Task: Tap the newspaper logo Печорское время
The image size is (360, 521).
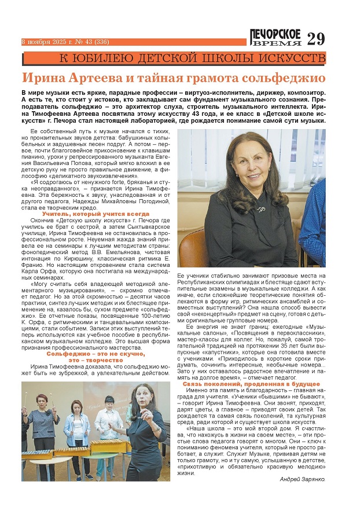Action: click(275, 37)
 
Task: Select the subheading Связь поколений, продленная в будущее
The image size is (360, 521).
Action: click(251, 384)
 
